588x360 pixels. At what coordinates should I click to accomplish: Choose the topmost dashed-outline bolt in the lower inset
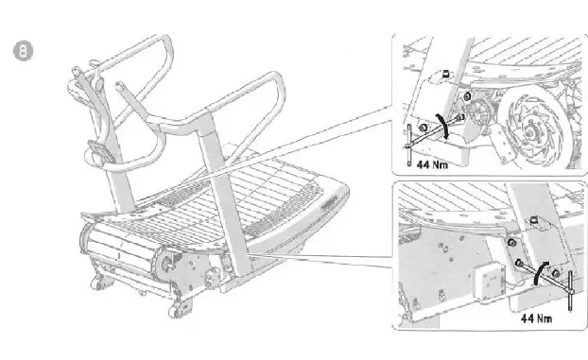point(533,221)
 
